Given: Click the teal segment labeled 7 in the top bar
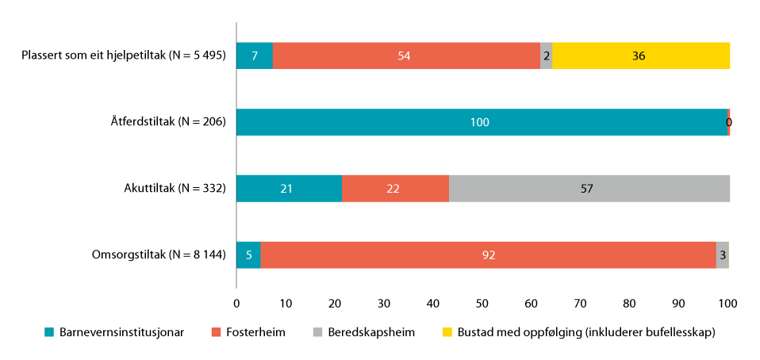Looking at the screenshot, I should click(255, 56).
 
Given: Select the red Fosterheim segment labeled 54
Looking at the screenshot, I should click(406, 56).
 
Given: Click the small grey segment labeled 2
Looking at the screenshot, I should click(547, 56).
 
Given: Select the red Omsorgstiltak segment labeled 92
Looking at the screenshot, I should click(488, 255).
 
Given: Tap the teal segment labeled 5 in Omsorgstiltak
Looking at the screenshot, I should click(248, 255).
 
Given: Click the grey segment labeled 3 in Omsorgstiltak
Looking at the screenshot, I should click(722, 255).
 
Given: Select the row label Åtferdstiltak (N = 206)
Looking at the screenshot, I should click(168, 122).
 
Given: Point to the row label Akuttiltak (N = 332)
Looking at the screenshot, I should click(175, 189).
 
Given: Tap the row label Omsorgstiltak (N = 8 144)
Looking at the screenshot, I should click(159, 255).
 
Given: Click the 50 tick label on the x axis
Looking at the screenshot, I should click(482, 303).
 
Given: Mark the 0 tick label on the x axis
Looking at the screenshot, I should click(236, 303).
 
